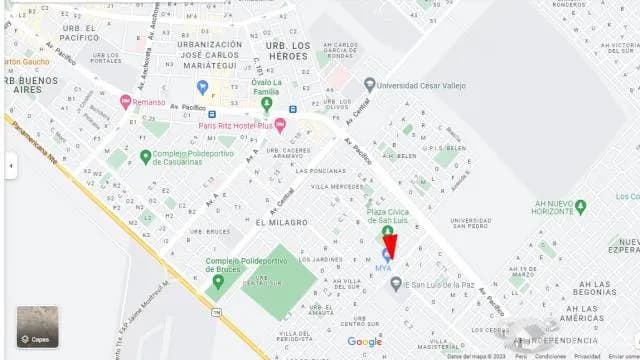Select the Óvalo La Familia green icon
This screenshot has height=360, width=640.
click(x=266, y=103)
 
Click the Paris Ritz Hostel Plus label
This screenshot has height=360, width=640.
click(x=235, y=125)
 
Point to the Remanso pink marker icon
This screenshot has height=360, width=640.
click(x=125, y=102)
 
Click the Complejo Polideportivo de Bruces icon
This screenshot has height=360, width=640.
click(x=218, y=282)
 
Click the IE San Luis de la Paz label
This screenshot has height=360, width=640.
click(x=438, y=285)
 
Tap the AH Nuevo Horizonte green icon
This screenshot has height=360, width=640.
click(x=581, y=206)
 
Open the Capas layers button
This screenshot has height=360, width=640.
click(x=37, y=326)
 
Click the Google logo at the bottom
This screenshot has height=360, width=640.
click(x=364, y=342)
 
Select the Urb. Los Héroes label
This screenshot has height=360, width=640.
click(x=287, y=50)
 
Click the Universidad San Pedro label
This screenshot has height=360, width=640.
click(x=456, y=222)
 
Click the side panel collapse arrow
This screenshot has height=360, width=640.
click(x=10, y=165)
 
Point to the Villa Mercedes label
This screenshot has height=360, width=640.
click(x=337, y=187)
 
